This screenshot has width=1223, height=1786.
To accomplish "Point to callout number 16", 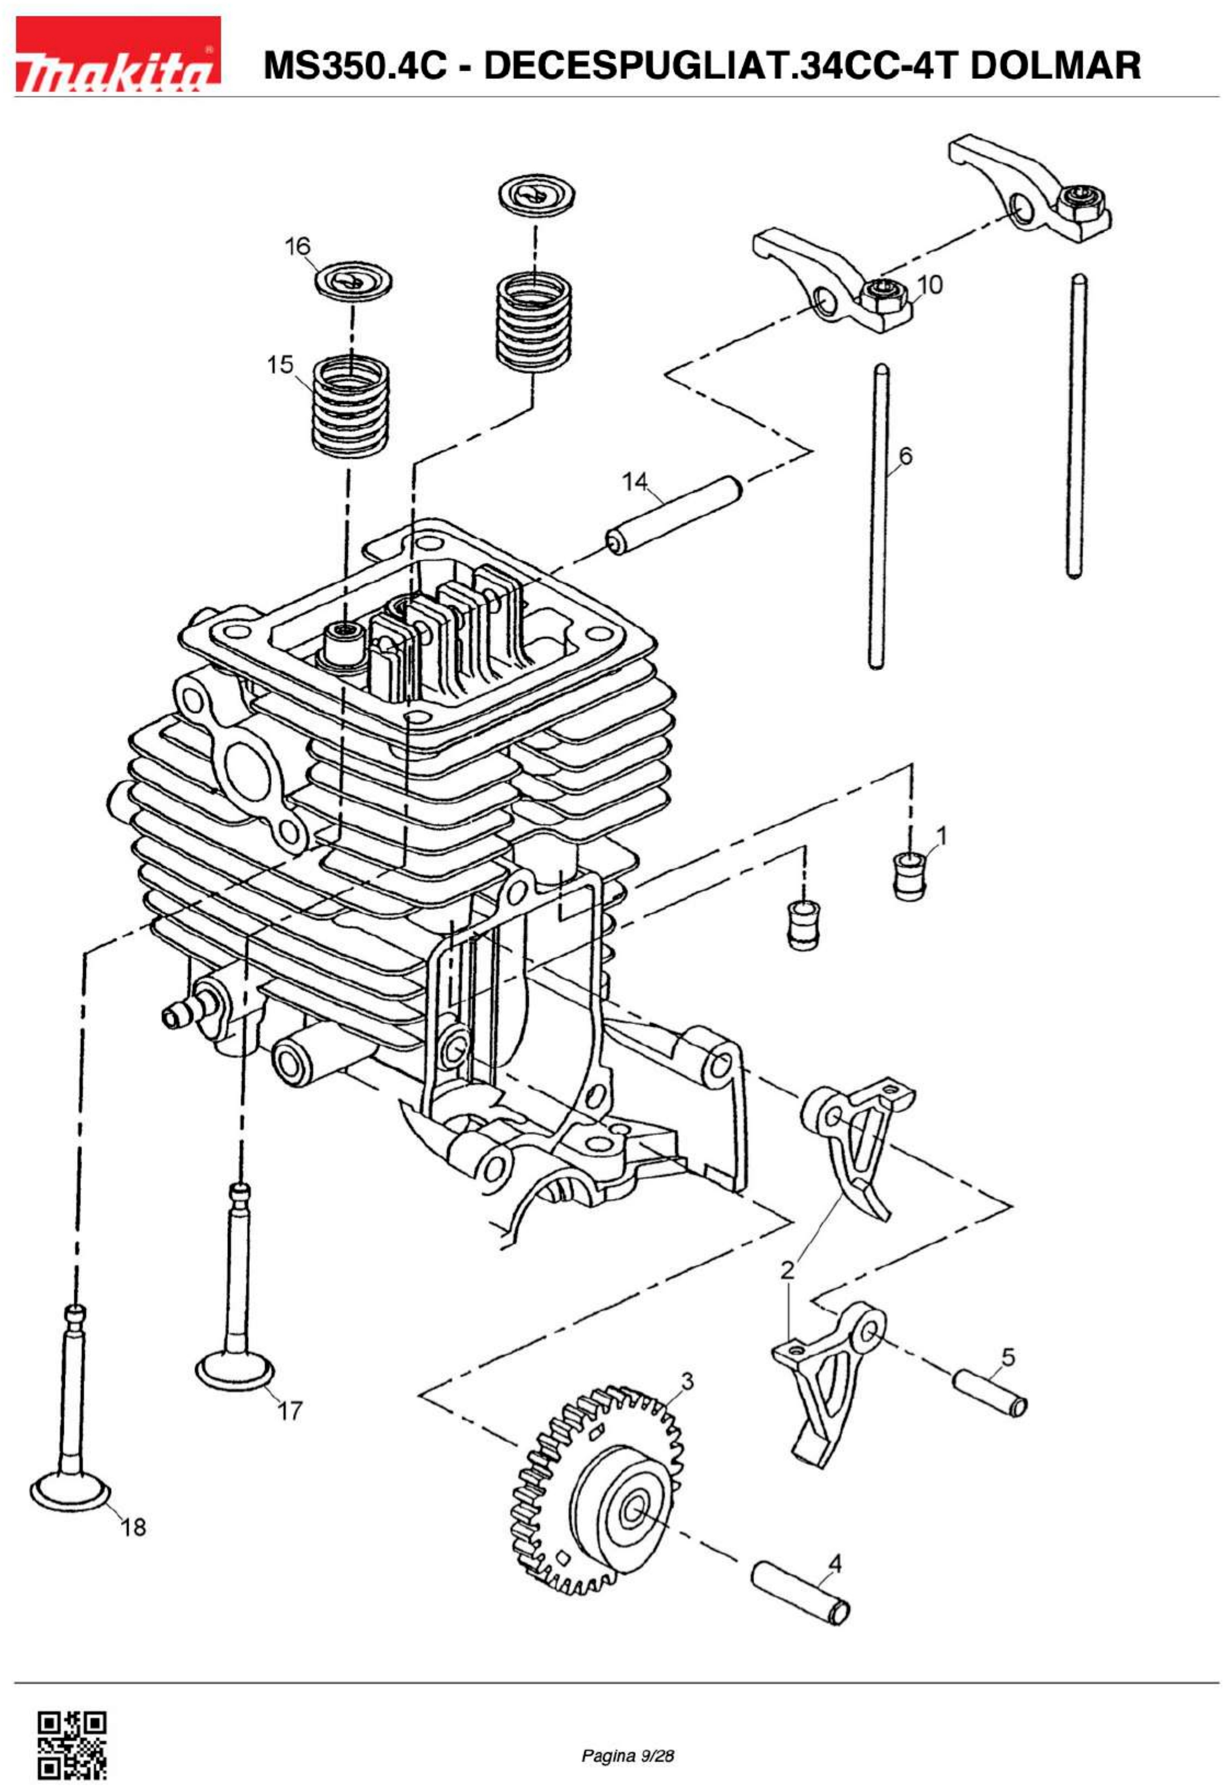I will [x=297, y=247].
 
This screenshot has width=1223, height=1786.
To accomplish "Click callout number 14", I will [x=635, y=482].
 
